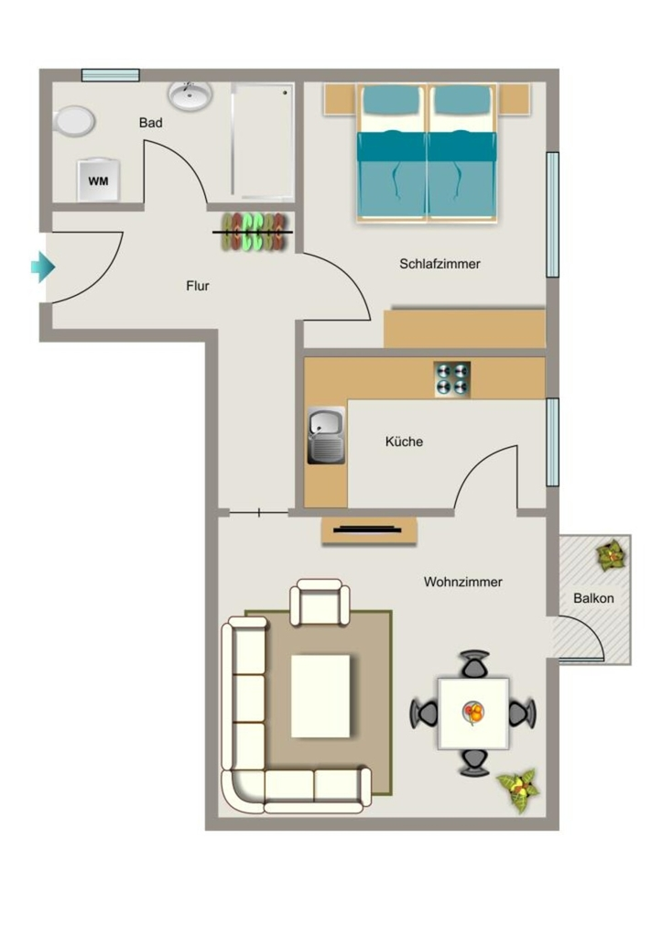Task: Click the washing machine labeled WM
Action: coord(99,180)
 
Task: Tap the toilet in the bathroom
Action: coord(73,122)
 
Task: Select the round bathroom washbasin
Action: coord(190,95)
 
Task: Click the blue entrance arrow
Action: coord(42,267)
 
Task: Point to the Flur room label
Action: coord(198,286)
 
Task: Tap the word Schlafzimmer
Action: coord(440,264)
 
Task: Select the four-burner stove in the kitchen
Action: coord(452,379)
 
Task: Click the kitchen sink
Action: coord(326,435)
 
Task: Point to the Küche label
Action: coord(405,442)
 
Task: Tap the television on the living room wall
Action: coord(368,529)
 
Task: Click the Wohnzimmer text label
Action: coord(463,582)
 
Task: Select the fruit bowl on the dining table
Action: coord(473,713)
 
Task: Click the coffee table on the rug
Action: coord(320,696)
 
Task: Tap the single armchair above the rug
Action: coord(320,603)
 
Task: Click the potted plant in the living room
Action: coord(518,791)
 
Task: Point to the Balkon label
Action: coord(593,598)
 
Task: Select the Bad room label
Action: coord(151,123)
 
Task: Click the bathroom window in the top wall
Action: coord(111,75)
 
